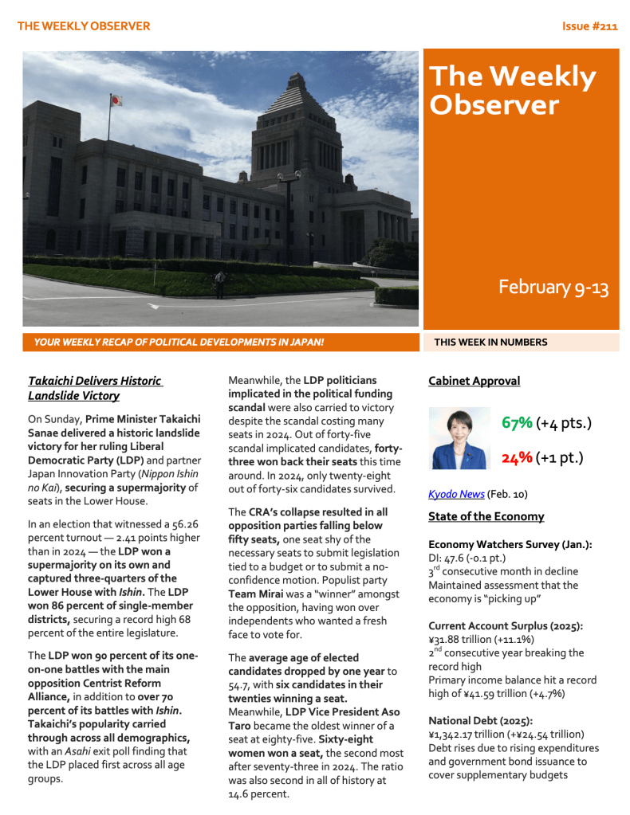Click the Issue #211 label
point(589,26)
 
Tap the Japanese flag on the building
point(116,101)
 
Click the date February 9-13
point(553,288)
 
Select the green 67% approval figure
point(518,422)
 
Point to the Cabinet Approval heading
point(474,381)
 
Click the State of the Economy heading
point(486,516)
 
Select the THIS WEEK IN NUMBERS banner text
point(490,343)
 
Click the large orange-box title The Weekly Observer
point(512,91)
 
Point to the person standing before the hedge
point(219,284)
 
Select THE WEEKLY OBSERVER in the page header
point(84,26)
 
